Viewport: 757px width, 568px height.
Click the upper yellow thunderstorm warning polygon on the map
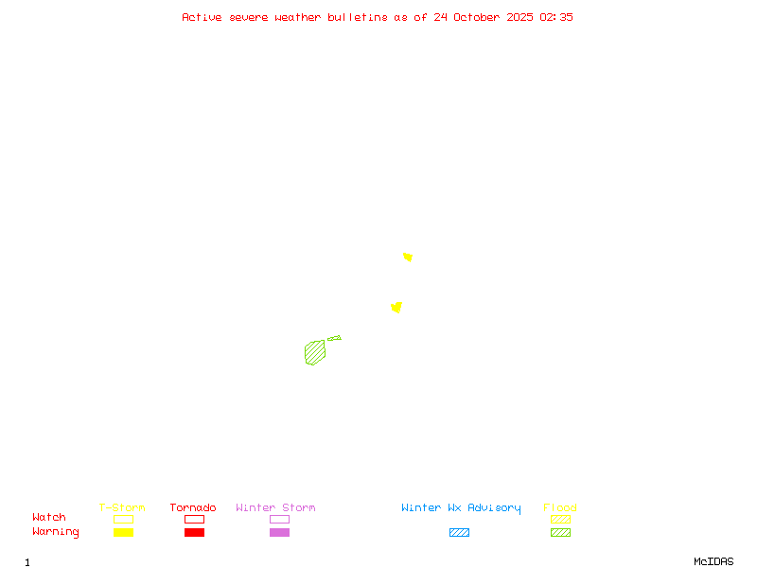pyautogui.click(x=408, y=257)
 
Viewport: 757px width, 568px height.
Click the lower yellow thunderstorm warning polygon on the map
pyautogui.click(x=396, y=307)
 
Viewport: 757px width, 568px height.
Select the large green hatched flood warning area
pyautogui.click(x=315, y=352)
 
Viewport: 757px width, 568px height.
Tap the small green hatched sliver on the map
pyautogui.click(x=334, y=338)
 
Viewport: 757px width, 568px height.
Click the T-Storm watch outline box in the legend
pyautogui.click(x=123, y=519)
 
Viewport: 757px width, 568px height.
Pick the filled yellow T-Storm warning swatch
pyautogui.click(x=123, y=532)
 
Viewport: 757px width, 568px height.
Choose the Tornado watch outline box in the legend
pyautogui.click(x=194, y=519)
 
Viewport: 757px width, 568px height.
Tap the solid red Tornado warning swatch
pyautogui.click(x=194, y=532)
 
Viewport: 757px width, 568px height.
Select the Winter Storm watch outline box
pyautogui.click(x=279, y=519)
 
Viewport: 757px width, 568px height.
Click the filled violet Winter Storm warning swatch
pyautogui.click(x=279, y=532)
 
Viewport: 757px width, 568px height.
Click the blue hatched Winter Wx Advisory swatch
pyautogui.click(x=459, y=532)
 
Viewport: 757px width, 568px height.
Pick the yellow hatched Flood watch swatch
pyautogui.click(x=560, y=519)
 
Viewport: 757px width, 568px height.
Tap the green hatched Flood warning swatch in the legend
pyautogui.click(x=560, y=532)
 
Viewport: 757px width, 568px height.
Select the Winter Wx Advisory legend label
pyautogui.click(x=461, y=508)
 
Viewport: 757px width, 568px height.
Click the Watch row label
pyautogui.click(x=49, y=518)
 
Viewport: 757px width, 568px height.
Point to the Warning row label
pyautogui.click(x=56, y=532)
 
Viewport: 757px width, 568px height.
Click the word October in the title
pyautogui.click(x=482, y=17)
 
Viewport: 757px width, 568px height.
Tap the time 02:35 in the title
pyautogui.click(x=556, y=17)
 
